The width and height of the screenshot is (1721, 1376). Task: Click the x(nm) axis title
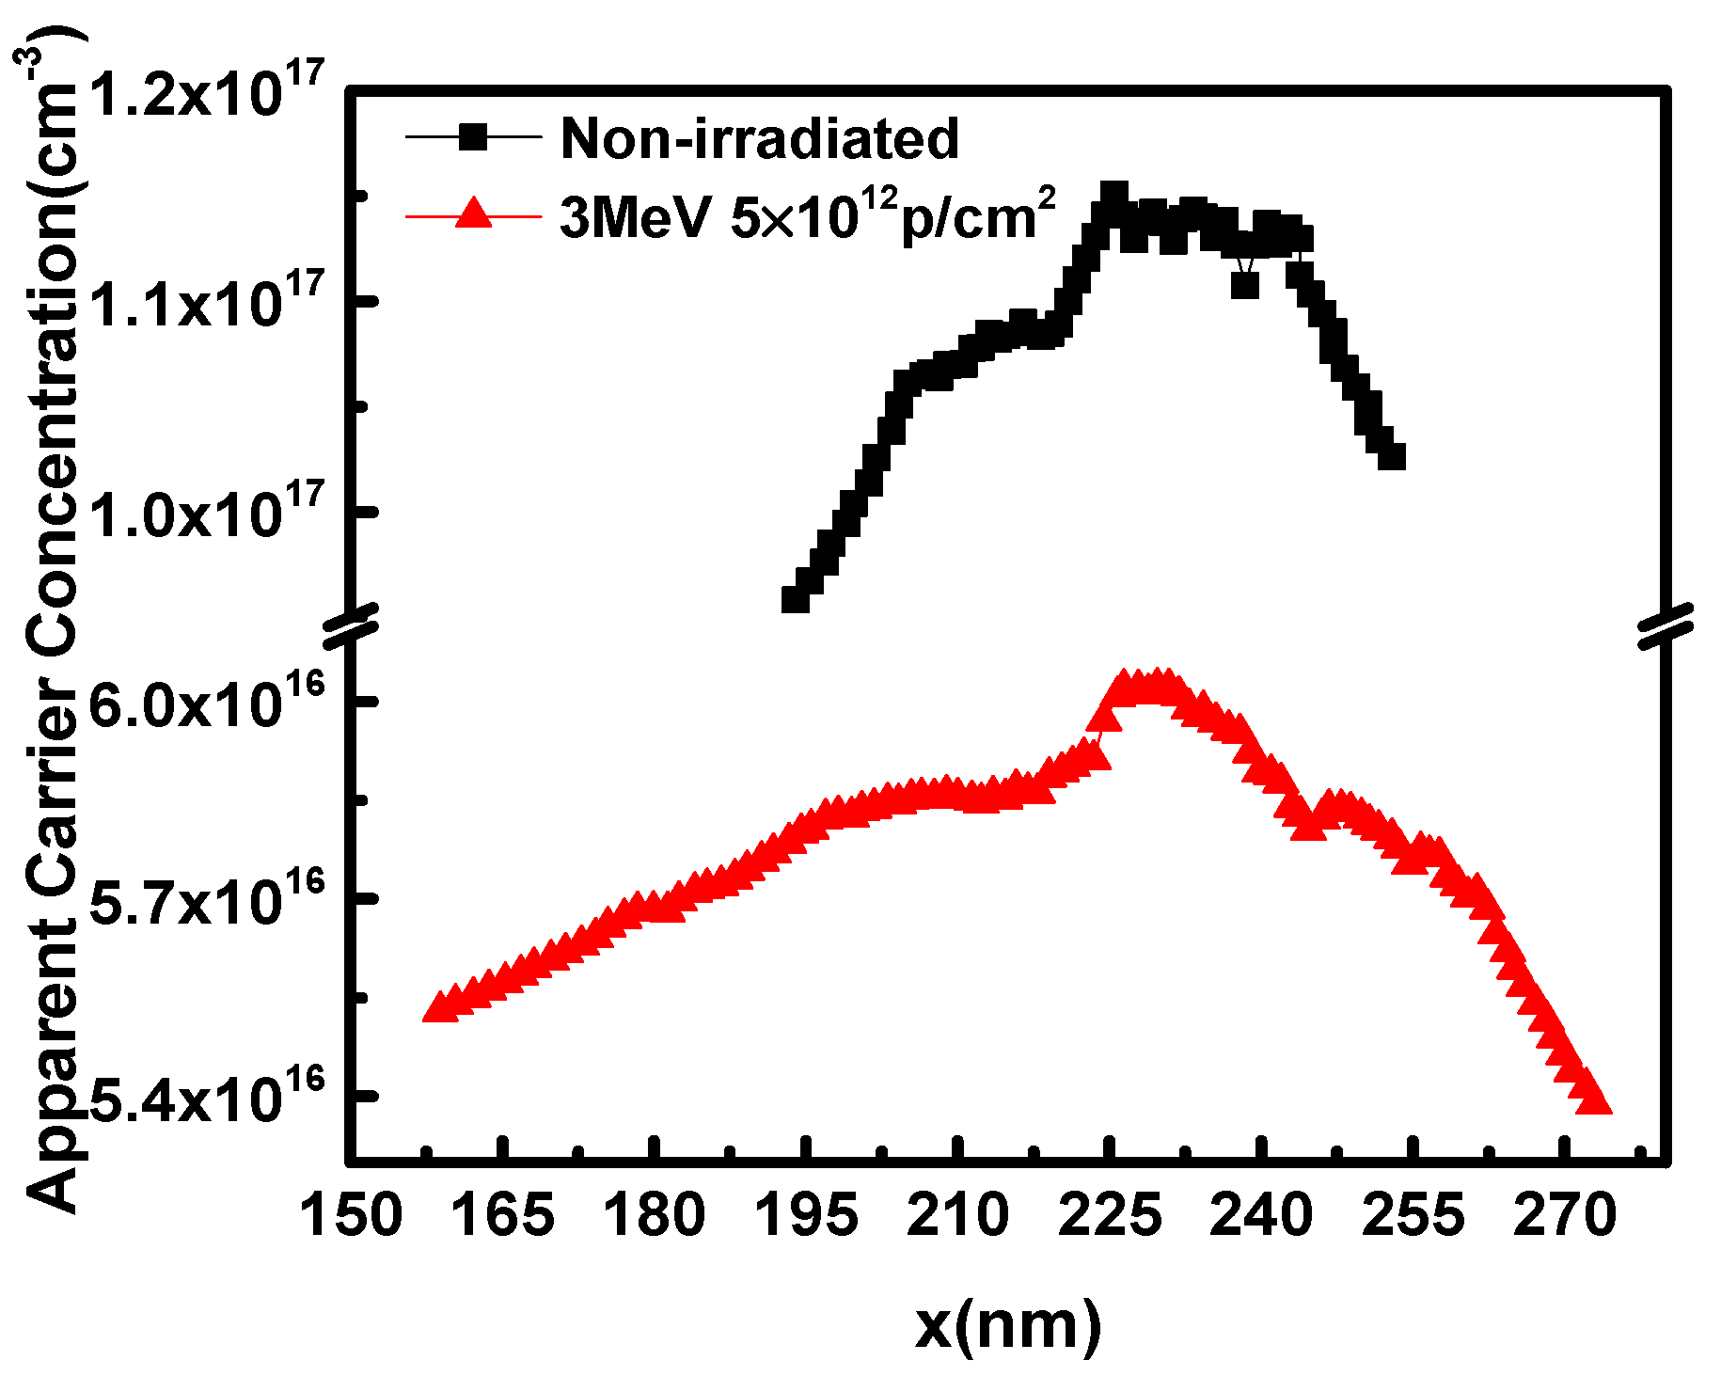coord(1007,1325)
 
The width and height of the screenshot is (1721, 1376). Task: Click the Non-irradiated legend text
coord(759,138)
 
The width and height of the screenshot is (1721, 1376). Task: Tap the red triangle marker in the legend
coord(473,214)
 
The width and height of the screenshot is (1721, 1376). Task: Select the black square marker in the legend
coord(473,138)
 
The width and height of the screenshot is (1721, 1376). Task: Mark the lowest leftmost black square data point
coord(796,599)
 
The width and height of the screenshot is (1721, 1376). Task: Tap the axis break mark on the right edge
coord(1665,625)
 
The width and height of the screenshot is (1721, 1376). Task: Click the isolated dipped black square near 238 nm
coord(1244,284)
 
